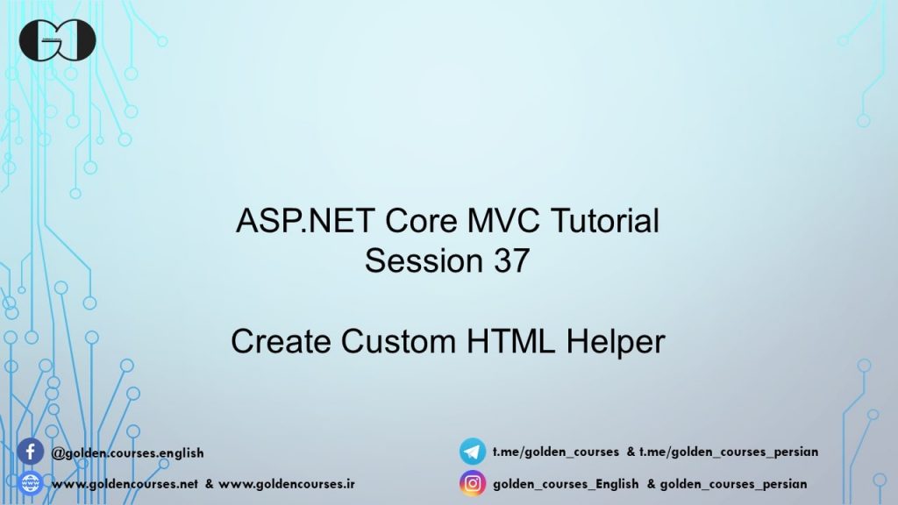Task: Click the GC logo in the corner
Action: click(x=58, y=39)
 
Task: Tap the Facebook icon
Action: click(x=30, y=452)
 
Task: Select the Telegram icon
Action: click(x=473, y=452)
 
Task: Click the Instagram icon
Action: click(x=473, y=482)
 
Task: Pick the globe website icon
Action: click(x=30, y=482)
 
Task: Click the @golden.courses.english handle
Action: click(x=128, y=453)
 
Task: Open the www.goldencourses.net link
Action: click(x=125, y=483)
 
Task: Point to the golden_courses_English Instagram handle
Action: click(x=566, y=483)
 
